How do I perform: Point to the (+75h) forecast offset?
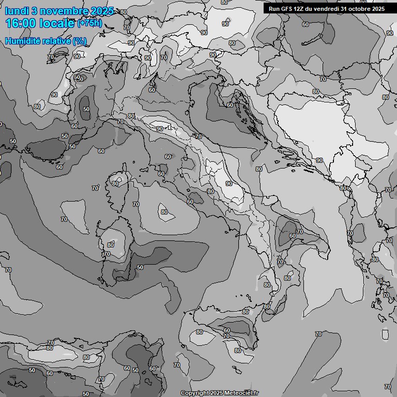[89, 23]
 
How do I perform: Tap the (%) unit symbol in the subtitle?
[80, 41]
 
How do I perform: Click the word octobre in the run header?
[358, 9]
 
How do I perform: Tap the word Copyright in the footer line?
[194, 393]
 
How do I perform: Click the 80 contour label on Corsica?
[115, 184]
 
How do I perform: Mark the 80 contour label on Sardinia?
[111, 245]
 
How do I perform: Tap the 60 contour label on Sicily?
[226, 330]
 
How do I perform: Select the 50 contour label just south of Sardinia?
[140, 267]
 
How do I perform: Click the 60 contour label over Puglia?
[293, 235]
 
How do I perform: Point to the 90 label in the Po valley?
[160, 129]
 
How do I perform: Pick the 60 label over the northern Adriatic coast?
[230, 105]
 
